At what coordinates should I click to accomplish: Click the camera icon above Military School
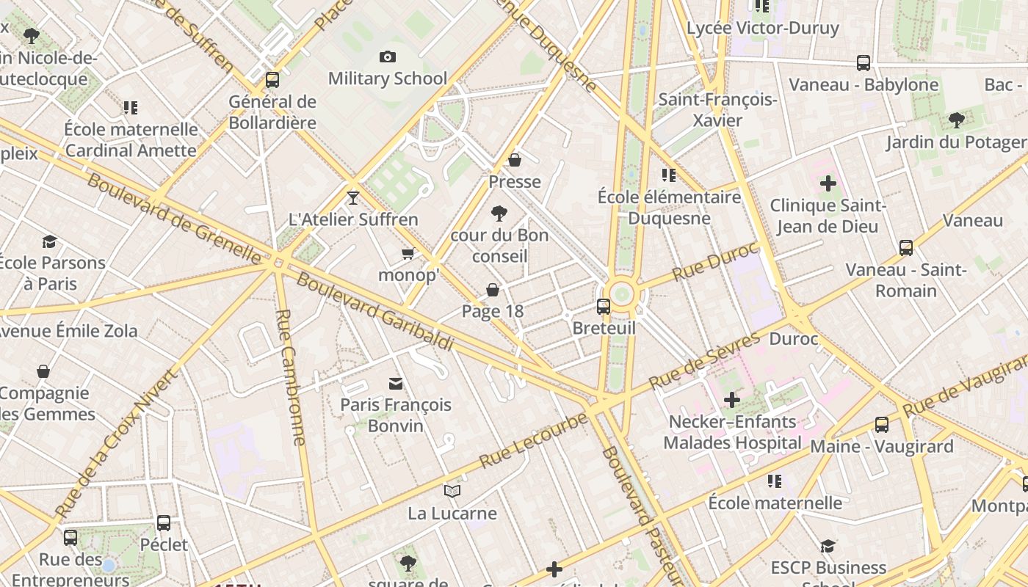click(388, 56)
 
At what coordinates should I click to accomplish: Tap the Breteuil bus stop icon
click(604, 307)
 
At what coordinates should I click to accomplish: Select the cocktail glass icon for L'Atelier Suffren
click(353, 197)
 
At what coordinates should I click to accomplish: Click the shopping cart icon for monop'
click(408, 254)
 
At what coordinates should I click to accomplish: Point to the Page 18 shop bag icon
click(493, 290)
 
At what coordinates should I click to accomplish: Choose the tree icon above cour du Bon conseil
click(499, 214)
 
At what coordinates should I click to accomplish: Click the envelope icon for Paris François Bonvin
click(396, 383)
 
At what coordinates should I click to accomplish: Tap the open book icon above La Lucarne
click(452, 492)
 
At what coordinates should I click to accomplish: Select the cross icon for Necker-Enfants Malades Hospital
click(732, 400)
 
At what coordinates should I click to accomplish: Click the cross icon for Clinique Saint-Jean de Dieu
click(828, 183)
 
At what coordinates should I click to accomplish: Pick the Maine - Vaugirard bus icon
click(882, 424)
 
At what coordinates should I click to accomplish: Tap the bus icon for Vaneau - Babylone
click(864, 63)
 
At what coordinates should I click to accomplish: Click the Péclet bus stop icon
click(164, 523)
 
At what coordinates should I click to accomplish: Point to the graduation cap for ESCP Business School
click(828, 546)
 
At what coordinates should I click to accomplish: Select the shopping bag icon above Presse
click(515, 160)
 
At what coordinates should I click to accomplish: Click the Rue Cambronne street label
click(290, 377)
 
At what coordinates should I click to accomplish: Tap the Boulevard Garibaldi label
click(374, 312)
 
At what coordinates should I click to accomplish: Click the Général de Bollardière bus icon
click(272, 80)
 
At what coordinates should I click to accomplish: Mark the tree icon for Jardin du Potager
click(956, 120)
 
